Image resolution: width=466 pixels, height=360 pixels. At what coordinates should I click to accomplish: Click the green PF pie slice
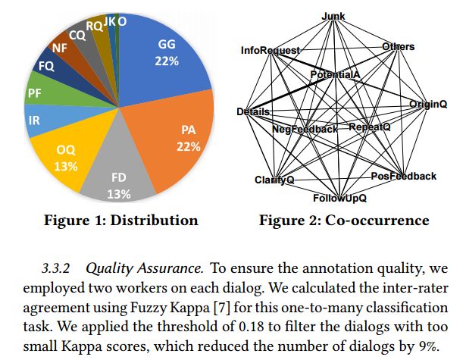tap(34, 94)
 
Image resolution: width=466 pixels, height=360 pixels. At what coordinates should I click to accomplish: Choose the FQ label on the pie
tap(45, 67)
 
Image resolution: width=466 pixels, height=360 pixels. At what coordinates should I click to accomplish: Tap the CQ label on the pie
tap(77, 34)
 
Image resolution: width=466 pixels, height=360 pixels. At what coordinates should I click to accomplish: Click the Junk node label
tap(333, 16)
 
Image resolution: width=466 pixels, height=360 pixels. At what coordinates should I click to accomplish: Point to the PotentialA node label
tap(334, 74)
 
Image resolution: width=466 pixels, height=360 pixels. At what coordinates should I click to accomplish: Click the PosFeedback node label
tap(403, 176)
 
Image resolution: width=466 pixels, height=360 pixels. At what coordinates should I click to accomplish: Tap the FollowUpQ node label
tap(339, 199)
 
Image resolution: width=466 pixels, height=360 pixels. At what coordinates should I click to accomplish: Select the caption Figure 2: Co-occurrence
tap(344, 221)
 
